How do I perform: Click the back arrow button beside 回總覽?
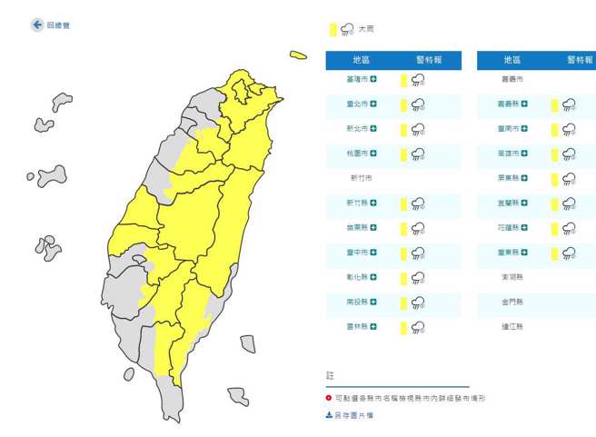click(37, 25)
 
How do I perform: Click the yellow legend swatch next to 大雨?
click(333, 30)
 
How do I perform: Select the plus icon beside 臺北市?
click(374, 104)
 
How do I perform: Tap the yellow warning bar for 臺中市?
click(403, 253)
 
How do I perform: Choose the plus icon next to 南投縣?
click(374, 302)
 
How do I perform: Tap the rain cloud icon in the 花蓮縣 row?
click(570, 228)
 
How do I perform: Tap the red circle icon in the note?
click(329, 398)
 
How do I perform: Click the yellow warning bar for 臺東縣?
click(554, 253)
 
